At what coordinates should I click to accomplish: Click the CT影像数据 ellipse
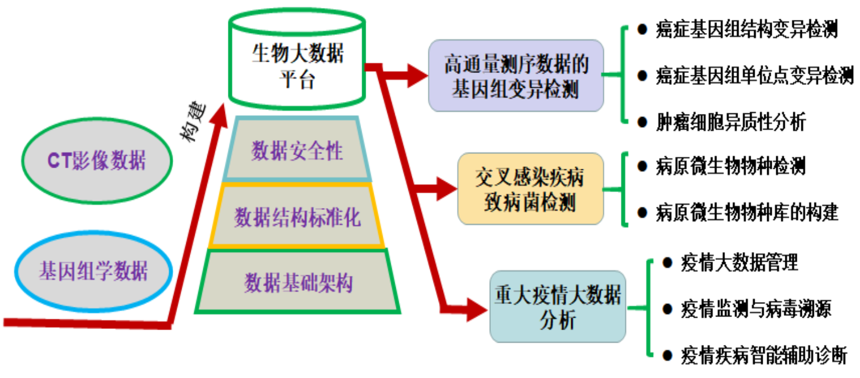[x=96, y=161]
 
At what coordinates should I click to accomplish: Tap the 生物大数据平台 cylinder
[x=297, y=66]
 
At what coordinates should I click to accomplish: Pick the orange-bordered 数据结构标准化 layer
[x=297, y=217]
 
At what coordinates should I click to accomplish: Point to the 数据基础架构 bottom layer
[x=298, y=283]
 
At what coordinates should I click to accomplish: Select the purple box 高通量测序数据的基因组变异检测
[x=515, y=76]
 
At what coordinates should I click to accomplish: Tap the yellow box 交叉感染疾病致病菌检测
[x=530, y=189]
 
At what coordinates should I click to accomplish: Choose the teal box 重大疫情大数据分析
[x=558, y=306]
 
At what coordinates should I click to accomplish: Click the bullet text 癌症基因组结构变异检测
[x=746, y=30]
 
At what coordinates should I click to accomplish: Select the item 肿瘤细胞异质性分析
[x=731, y=121]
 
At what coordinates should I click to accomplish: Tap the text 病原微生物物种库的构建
[x=747, y=212]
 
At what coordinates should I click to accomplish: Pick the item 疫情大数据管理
[x=739, y=263]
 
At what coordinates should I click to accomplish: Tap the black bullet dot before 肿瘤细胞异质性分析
[x=642, y=121]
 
